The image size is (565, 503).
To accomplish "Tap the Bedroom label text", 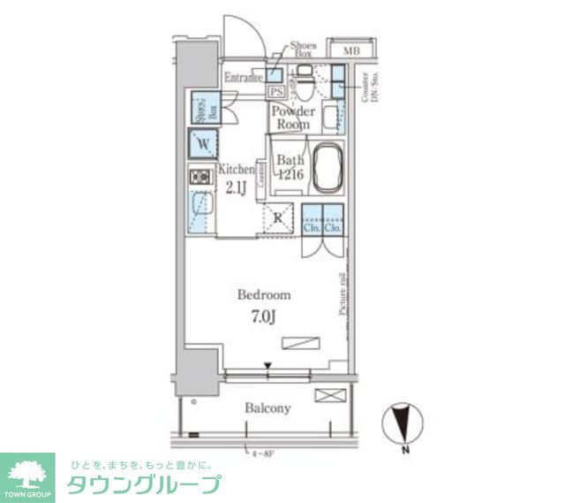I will point(263,294).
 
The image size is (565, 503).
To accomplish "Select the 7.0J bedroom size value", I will point(262,316).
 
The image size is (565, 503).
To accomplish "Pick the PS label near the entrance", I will point(275,91).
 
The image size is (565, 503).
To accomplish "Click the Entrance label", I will point(243,78).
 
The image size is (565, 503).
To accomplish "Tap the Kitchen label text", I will point(237,169).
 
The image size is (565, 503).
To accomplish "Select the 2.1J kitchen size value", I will point(237,187).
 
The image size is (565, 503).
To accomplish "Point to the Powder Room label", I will point(293,118).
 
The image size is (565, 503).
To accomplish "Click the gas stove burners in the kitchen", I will point(200,178).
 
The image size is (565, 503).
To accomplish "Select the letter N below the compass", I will point(403,450).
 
